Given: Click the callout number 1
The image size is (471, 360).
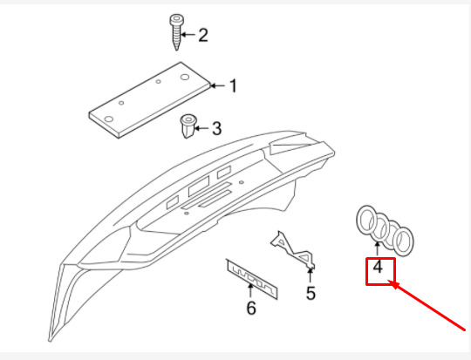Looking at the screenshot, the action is point(233,86).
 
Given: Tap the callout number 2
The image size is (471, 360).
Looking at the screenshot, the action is point(203,35).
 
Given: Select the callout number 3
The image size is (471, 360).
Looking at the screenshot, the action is point(216,128).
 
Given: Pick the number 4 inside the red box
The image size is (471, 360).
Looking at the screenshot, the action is point(378,267).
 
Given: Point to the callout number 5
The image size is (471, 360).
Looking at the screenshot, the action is point(311,293).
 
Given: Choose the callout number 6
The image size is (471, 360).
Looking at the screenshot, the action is point(251,308).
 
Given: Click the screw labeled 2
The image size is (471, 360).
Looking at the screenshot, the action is point(176,32).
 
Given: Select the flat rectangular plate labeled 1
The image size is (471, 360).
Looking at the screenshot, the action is point(150,100).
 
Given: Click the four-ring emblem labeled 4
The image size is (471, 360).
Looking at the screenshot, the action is point(385,231).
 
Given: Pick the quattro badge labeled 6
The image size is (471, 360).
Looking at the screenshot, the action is point(252,279).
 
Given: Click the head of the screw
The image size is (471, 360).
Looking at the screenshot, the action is point(176,20).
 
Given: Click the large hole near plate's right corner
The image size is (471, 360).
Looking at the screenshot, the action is point(184,78).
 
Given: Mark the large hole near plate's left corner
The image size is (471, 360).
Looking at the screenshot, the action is point(109,119).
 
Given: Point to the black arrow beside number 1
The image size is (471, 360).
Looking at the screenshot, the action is point(218,86).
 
